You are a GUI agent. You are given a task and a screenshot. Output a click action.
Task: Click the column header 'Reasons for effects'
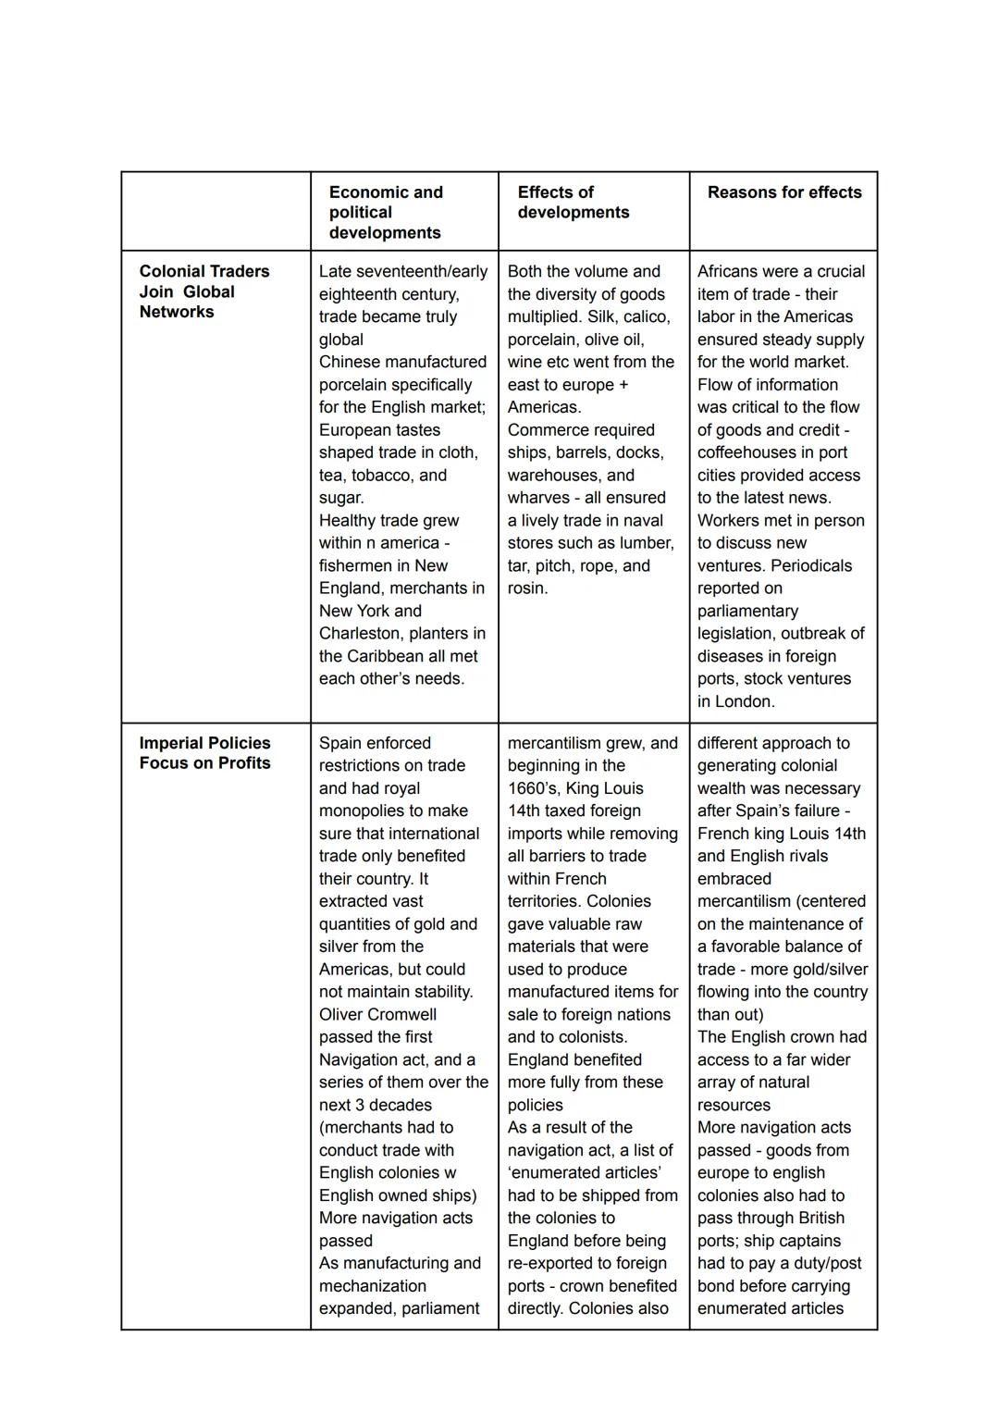pyautogui.click(x=783, y=192)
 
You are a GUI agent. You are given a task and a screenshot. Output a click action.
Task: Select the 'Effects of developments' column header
pyautogui.click(x=573, y=203)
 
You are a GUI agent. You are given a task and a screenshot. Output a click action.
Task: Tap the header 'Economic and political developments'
pyautogui.click(x=386, y=213)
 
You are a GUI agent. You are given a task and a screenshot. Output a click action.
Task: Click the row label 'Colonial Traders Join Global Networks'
pyautogui.click(x=204, y=291)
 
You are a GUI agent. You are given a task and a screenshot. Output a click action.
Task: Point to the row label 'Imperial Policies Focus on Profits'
pyautogui.click(x=204, y=753)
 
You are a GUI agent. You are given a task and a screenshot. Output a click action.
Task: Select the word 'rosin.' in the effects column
pyautogui.click(x=527, y=588)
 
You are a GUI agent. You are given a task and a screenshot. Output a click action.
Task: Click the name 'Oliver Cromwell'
pyautogui.click(x=377, y=1014)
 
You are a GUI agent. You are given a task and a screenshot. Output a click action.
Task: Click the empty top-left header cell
pyautogui.click(x=216, y=211)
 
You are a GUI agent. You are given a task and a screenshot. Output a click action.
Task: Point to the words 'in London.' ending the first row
pyautogui.click(x=735, y=702)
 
